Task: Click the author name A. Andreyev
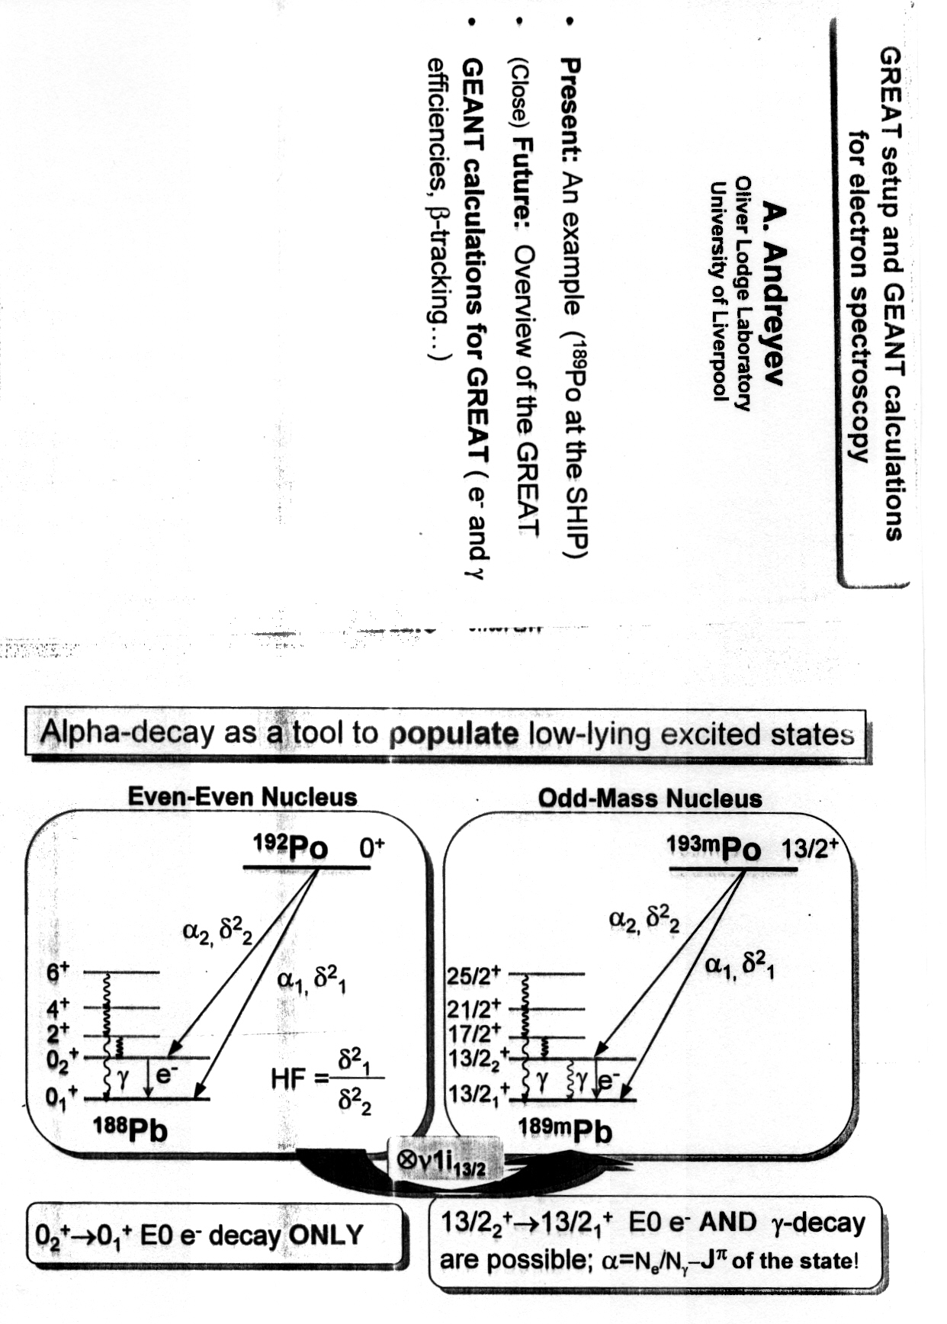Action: [x=772, y=294]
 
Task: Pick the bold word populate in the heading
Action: [x=453, y=734]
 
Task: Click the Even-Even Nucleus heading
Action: [x=242, y=797]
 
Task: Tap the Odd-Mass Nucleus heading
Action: [x=650, y=799]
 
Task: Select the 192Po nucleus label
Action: [x=291, y=847]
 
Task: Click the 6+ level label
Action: [x=58, y=972]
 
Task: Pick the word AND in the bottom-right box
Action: [x=727, y=1222]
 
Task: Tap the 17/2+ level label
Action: [x=474, y=1033]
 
